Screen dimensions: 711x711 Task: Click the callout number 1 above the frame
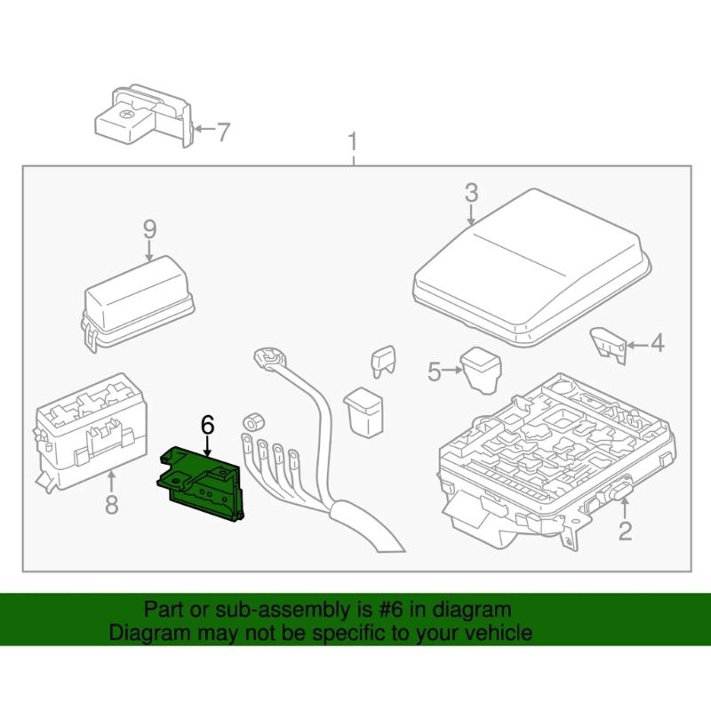[x=354, y=142]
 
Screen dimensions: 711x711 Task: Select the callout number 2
[x=625, y=531]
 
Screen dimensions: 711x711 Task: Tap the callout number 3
[x=470, y=192]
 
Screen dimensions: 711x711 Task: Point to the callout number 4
[x=656, y=343]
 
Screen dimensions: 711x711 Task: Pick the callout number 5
[x=434, y=371]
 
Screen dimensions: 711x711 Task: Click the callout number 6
[x=208, y=425]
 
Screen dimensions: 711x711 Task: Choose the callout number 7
[x=222, y=132]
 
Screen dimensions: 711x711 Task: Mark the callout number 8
[x=111, y=506]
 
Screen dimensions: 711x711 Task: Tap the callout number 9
[x=149, y=228]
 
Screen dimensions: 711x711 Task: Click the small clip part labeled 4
[x=609, y=342]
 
